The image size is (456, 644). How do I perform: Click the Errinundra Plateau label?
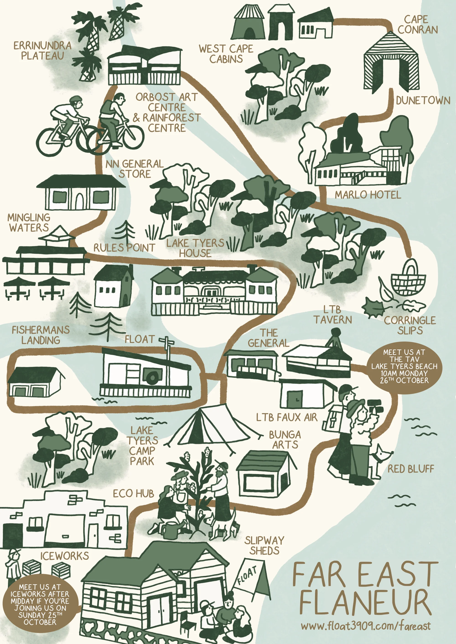coord(42,51)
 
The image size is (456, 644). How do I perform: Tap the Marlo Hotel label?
coord(368,195)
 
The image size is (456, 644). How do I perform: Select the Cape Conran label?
coord(417,24)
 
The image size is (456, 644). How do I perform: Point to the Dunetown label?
coord(423,100)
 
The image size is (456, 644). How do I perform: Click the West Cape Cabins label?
coord(226,54)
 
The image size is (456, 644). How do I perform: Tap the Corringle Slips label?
coord(410,325)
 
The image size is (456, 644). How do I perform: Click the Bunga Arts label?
coord(285,440)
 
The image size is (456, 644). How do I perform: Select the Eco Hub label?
coord(133,494)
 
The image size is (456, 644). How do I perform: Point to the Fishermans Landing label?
coord(41,335)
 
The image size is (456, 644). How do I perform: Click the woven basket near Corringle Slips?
coord(409,279)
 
